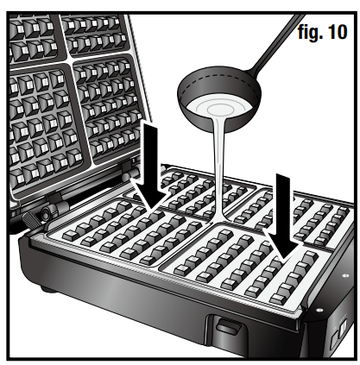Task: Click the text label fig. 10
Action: tap(320, 35)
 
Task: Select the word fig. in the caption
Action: tap(306, 35)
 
